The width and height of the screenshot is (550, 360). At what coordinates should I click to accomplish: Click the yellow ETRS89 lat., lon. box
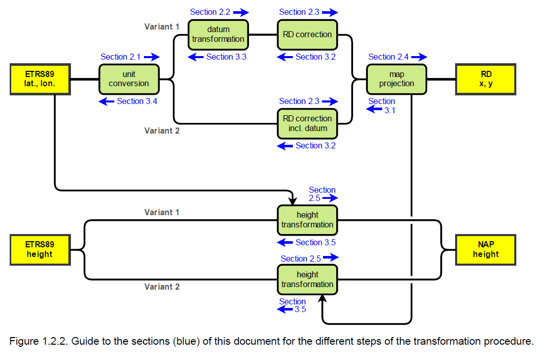pyautogui.click(x=40, y=79)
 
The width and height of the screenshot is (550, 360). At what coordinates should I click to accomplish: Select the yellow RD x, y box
pyautogui.click(x=486, y=79)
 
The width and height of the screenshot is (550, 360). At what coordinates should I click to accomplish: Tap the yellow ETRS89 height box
pyautogui.click(x=40, y=249)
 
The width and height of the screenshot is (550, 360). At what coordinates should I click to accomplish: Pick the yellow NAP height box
pyautogui.click(x=486, y=249)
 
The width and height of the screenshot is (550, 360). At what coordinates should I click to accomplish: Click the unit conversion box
pyautogui.click(x=129, y=79)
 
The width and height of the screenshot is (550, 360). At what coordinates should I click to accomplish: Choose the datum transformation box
pyautogui.click(x=218, y=35)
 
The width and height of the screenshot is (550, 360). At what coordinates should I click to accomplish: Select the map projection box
pyautogui.click(x=396, y=79)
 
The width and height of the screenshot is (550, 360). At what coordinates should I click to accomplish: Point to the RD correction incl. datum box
pyautogui.click(x=307, y=123)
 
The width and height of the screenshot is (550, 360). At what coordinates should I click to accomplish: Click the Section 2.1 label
pyautogui.click(x=121, y=57)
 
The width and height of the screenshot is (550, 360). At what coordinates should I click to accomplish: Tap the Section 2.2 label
pyautogui.click(x=210, y=12)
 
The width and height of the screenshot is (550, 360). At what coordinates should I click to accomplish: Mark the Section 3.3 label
pyautogui.click(x=226, y=57)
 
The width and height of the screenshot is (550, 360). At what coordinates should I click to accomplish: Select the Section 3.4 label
pyautogui.click(x=137, y=101)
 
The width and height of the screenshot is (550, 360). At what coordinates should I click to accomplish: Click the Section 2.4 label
pyautogui.click(x=389, y=57)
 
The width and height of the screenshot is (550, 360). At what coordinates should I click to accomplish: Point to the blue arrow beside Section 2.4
pyautogui.click(x=419, y=57)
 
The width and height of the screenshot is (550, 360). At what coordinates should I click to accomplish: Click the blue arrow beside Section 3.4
pyautogui.click(x=107, y=101)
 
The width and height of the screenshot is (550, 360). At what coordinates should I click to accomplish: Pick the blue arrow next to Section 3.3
pyautogui.click(x=196, y=57)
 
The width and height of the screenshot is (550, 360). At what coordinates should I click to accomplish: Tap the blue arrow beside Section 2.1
pyautogui.click(x=152, y=57)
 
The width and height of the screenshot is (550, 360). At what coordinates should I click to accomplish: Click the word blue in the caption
pyautogui.click(x=188, y=342)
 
